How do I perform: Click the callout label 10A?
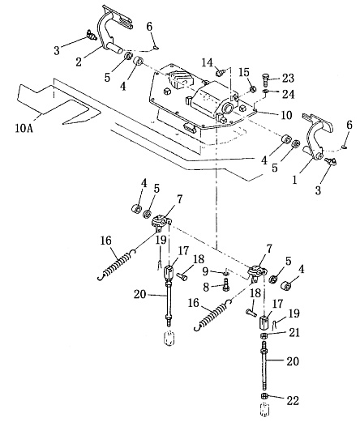(x=24, y=128)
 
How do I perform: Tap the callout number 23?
(x=288, y=78)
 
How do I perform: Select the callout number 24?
(x=288, y=94)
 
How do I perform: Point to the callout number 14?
(x=208, y=63)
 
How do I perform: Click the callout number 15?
(x=244, y=72)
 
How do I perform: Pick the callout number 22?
(x=293, y=400)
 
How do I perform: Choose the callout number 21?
(x=294, y=332)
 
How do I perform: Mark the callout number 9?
(x=206, y=271)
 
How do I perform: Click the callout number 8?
(x=206, y=288)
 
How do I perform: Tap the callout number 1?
(x=294, y=180)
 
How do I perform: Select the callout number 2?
(x=79, y=62)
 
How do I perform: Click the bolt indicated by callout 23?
(x=265, y=80)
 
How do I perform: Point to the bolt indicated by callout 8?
(x=226, y=285)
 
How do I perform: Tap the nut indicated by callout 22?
(x=264, y=396)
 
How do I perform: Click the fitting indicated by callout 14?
(x=221, y=72)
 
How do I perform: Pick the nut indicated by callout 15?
(x=253, y=89)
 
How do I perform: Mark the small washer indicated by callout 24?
(x=265, y=92)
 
